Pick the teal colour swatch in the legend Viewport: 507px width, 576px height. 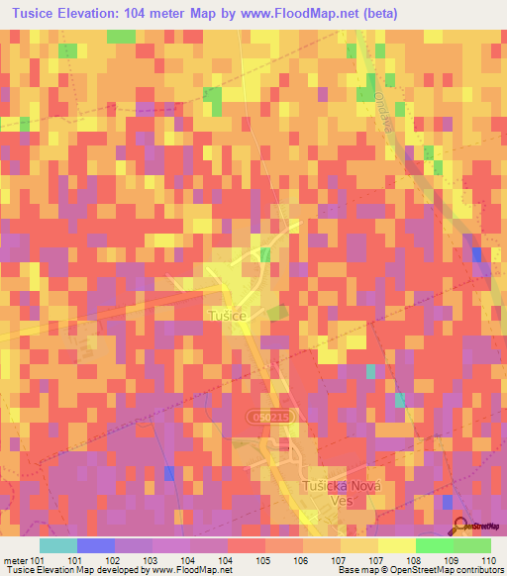tap(58, 545)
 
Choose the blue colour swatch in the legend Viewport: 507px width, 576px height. tap(96, 545)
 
